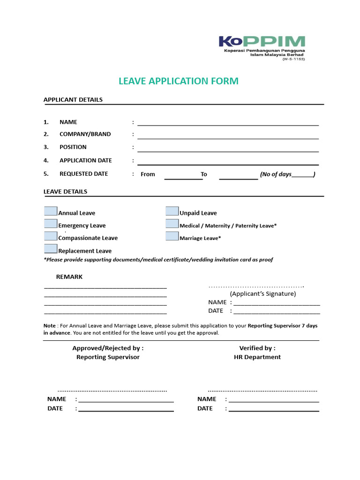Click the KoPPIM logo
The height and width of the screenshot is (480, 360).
(262, 47)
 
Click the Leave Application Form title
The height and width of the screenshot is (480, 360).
(179, 81)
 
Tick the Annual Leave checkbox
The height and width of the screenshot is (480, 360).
(51, 211)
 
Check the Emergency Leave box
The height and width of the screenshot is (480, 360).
(51, 224)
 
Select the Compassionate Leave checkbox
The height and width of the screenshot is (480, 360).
(51, 236)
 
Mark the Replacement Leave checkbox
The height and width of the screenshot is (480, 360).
(51, 249)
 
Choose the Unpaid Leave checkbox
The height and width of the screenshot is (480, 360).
(172, 211)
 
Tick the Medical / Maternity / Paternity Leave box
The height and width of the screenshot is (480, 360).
(172, 224)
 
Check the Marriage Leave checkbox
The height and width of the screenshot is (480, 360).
(172, 236)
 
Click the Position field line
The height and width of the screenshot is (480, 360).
(228, 150)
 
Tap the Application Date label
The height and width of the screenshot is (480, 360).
(85, 160)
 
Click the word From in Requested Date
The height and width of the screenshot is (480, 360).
(148, 174)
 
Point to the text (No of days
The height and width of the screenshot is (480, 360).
(276, 174)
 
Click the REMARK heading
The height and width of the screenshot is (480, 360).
(69, 277)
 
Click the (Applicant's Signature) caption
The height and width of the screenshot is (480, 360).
(262, 294)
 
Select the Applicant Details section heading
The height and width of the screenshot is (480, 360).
(73, 99)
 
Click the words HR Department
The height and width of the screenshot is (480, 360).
(257, 357)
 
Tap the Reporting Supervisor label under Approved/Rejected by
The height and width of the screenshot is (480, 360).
(108, 357)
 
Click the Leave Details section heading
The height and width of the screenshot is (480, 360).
(65, 191)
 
